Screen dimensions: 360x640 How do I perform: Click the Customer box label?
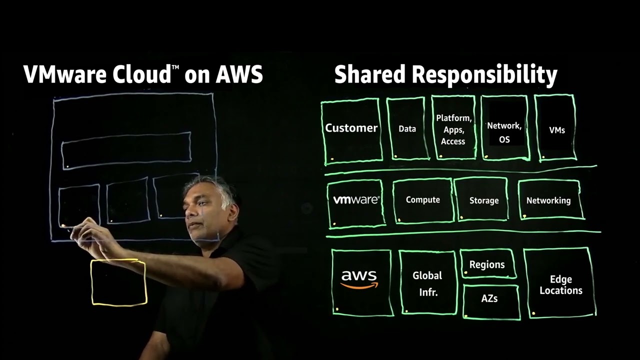[x=351, y=128]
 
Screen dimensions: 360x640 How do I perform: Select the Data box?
[x=407, y=129]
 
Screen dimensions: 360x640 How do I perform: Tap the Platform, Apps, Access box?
[x=453, y=129]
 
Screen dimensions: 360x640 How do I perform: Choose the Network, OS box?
[x=504, y=132]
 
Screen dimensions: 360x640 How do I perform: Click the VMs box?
[x=556, y=130]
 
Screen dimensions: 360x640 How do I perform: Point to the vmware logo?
[x=356, y=200]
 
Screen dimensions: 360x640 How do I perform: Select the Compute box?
[x=422, y=200]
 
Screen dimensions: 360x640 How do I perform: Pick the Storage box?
[x=483, y=200]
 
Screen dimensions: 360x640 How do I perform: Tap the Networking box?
[x=548, y=200]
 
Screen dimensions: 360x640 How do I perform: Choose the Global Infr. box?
[x=427, y=283]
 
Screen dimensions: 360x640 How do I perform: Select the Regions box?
[x=486, y=264]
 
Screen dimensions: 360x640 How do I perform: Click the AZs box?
[x=489, y=299]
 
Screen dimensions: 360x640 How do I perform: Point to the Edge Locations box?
[x=560, y=285]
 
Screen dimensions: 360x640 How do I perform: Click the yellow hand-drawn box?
[x=118, y=282]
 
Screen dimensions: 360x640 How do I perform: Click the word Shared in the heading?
[x=370, y=74]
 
